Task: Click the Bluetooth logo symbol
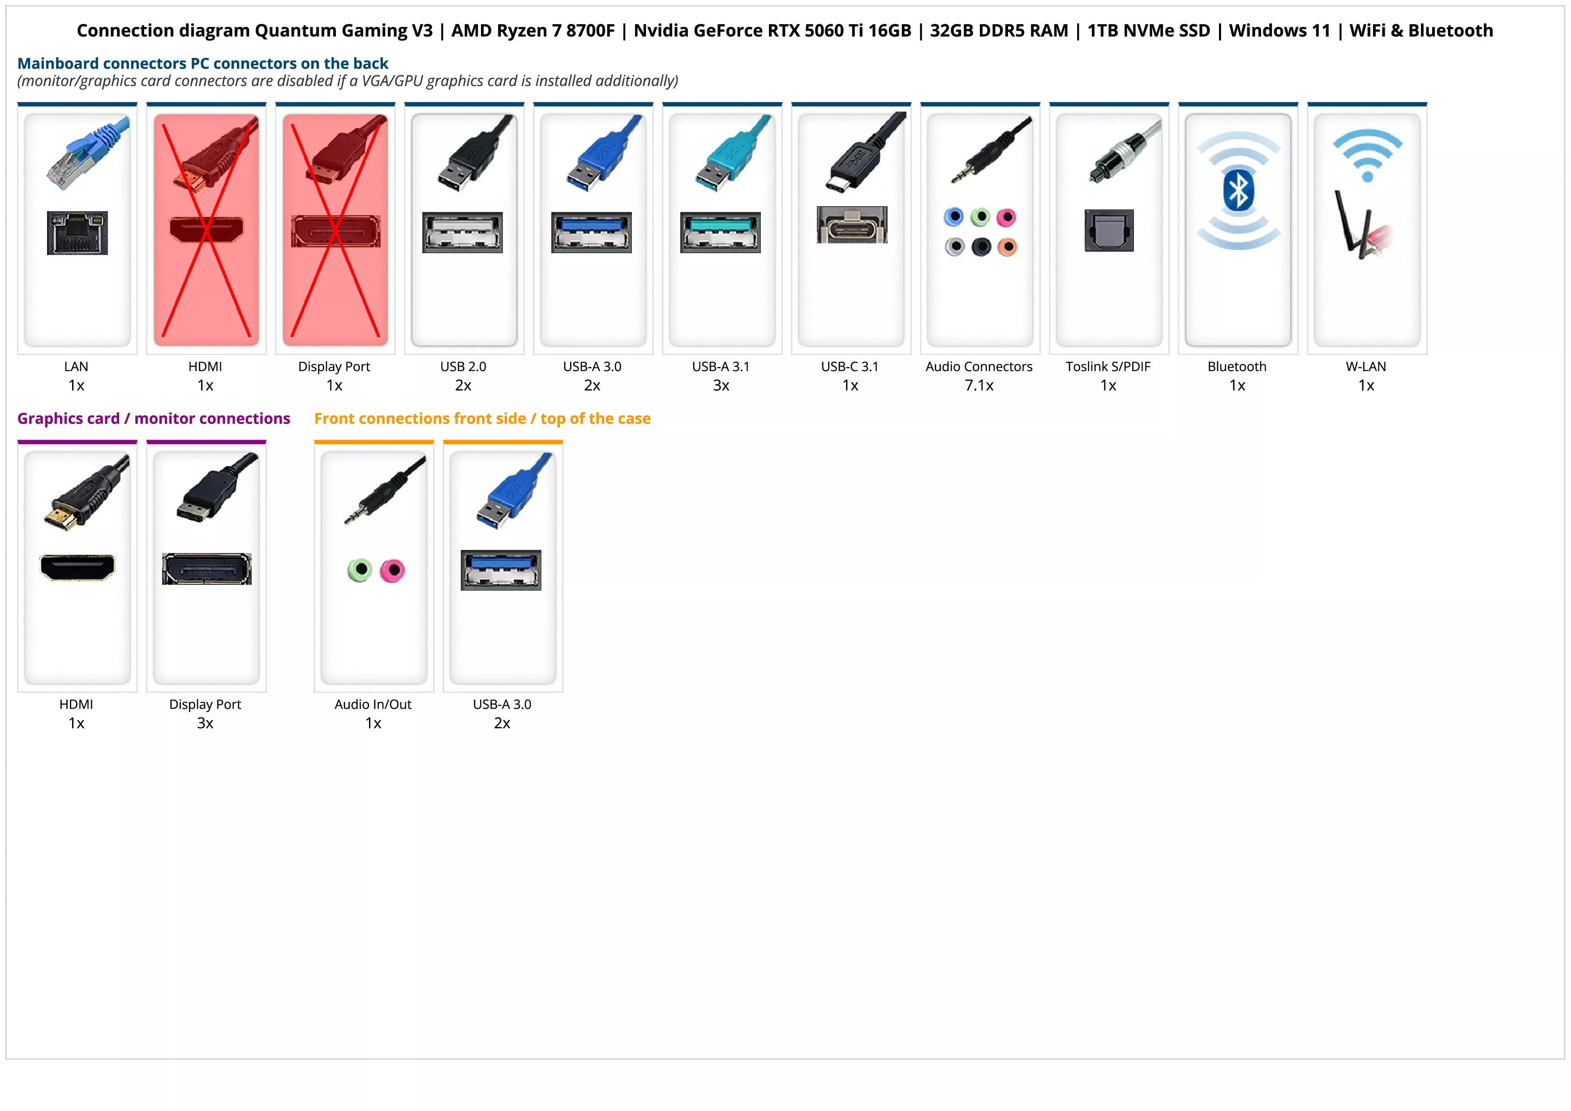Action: pos(1238,191)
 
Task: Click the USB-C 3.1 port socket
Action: pos(851,225)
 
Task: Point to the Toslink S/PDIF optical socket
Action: pos(1109,231)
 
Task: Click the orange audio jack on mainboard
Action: pos(1007,246)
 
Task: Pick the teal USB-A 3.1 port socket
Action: pos(721,232)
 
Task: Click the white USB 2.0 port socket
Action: pos(463,232)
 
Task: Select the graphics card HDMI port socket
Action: pos(77,567)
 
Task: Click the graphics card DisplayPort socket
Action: pos(206,569)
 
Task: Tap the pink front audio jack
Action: pos(393,570)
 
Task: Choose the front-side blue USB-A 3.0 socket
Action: pos(501,570)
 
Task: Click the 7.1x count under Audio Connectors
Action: pos(979,385)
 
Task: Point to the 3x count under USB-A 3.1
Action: pos(721,385)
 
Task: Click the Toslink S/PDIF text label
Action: pos(1108,366)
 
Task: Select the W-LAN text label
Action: pos(1366,366)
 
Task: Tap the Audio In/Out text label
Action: pos(373,705)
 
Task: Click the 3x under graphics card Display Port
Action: pos(205,723)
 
